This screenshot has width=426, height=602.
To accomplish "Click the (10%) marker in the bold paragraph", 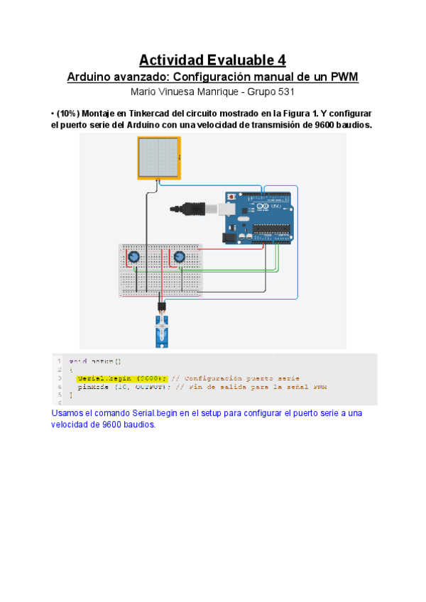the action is (x=70, y=114).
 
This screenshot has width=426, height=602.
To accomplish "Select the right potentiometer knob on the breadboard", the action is (x=179, y=257).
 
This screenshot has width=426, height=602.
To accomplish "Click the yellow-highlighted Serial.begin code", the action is (x=121, y=378).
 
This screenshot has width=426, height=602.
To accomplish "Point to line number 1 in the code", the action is (x=60, y=361).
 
